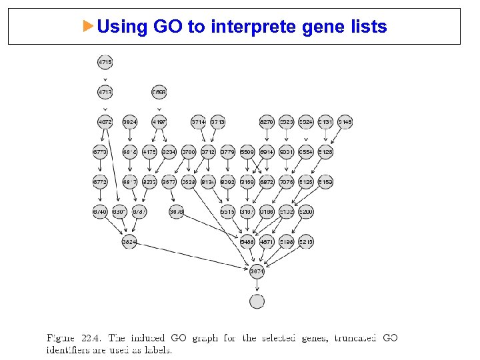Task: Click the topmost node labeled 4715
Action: pos(105,62)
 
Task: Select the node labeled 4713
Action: pos(105,92)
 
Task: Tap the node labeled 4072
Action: pos(105,122)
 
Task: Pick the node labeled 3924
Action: pos(130,122)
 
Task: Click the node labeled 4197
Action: pos(159,122)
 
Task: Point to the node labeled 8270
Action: pos(267,122)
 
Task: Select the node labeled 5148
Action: pos(345,122)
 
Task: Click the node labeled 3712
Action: pos(208,152)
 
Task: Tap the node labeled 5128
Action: pos(325,152)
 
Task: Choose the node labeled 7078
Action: pos(286,182)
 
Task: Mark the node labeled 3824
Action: pos(129,242)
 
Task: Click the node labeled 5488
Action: pos(247,242)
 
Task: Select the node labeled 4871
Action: pos(267,242)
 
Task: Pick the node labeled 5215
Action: pos(306,242)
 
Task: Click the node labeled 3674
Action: pos(257,272)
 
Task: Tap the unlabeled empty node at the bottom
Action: pos(257,302)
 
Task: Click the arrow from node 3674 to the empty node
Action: pos(257,287)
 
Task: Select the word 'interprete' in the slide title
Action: pos(255,27)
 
